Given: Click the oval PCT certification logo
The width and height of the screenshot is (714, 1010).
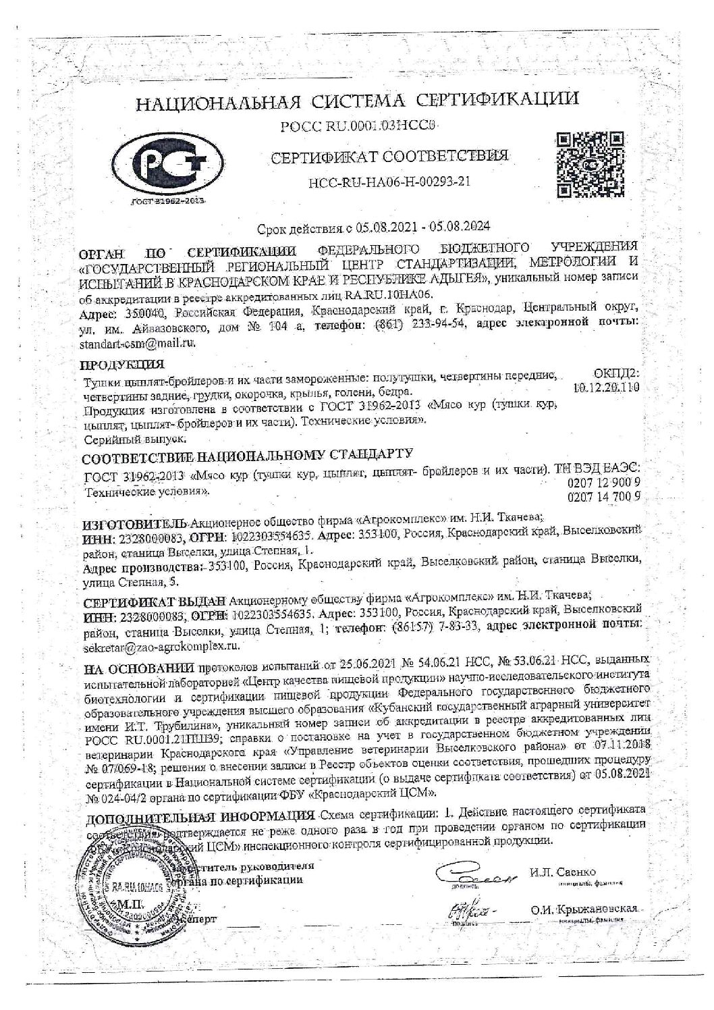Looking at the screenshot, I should click(166, 163).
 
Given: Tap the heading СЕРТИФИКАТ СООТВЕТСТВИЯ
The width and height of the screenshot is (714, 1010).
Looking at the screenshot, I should click(388, 157).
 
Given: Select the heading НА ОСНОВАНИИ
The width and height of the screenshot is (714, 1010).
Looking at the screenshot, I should click(139, 670).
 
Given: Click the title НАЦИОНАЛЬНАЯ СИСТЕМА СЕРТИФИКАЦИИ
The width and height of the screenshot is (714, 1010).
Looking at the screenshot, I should click(358, 101).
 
